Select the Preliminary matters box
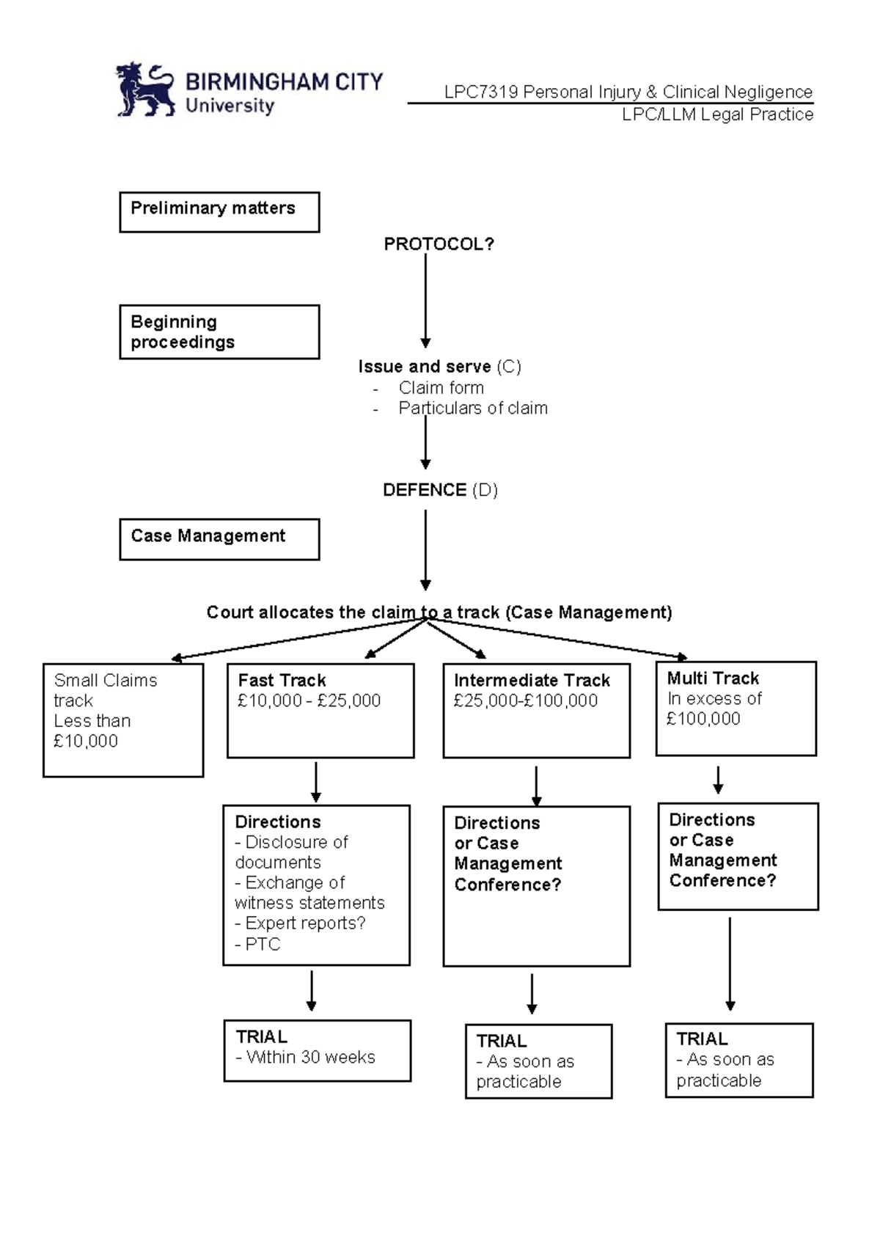[219, 212]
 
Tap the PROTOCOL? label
[439, 244]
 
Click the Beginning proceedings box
[219, 332]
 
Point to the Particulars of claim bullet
[472, 408]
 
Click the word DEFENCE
[425, 490]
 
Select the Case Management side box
[219, 539]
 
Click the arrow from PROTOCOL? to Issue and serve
[425, 301]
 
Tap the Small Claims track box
[123, 720]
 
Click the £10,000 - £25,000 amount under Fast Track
[309, 700]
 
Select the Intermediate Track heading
[532, 680]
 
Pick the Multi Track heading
[713, 678]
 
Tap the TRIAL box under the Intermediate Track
[538, 1061]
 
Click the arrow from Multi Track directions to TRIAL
[730, 962]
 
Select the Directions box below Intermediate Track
[536, 885]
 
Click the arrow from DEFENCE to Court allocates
[425, 550]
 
